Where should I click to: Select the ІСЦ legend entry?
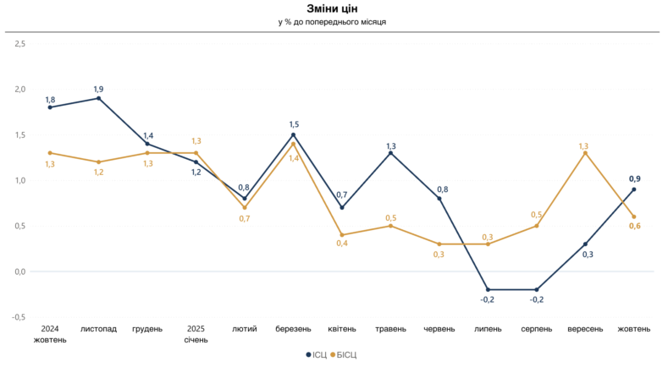(314, 355)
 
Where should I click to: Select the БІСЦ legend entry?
(344, 355)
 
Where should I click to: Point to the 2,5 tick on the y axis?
(21, 43)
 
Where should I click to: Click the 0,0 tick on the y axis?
(21, 271)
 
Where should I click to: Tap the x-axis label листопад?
(99, 329)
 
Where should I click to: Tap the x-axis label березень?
(293, 329)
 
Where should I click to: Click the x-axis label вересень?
(585, 329)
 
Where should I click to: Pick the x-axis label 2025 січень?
(196, 334)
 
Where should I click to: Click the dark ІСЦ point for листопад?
(99, 98)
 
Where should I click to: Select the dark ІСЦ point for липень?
(488, 289)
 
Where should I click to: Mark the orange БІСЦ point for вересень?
(585, 153)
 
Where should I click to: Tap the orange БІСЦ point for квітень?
(342, 235)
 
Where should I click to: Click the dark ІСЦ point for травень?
(390, 153)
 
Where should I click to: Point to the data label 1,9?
(99, 88)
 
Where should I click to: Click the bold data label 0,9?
(634, 178)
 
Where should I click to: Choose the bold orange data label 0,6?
(634, 225)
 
